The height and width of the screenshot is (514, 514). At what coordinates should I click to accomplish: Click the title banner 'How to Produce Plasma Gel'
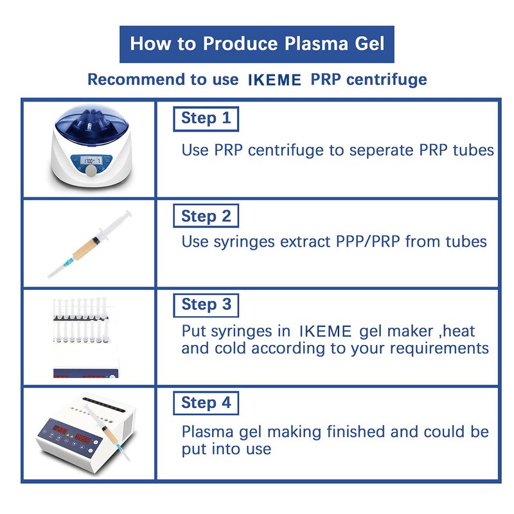pos(257,44)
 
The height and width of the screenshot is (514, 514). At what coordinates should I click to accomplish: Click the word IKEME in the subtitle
pos(274,80)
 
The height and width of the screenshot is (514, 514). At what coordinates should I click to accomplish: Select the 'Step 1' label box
pos(206,118)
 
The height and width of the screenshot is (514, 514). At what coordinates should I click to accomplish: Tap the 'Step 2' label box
pos(206,216)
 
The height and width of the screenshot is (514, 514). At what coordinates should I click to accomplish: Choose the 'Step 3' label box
pos(206,305)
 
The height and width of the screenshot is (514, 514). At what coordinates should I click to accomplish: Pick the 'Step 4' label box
pos(206,403)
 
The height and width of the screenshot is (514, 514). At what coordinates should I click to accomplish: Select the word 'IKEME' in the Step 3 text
pos(325,332)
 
